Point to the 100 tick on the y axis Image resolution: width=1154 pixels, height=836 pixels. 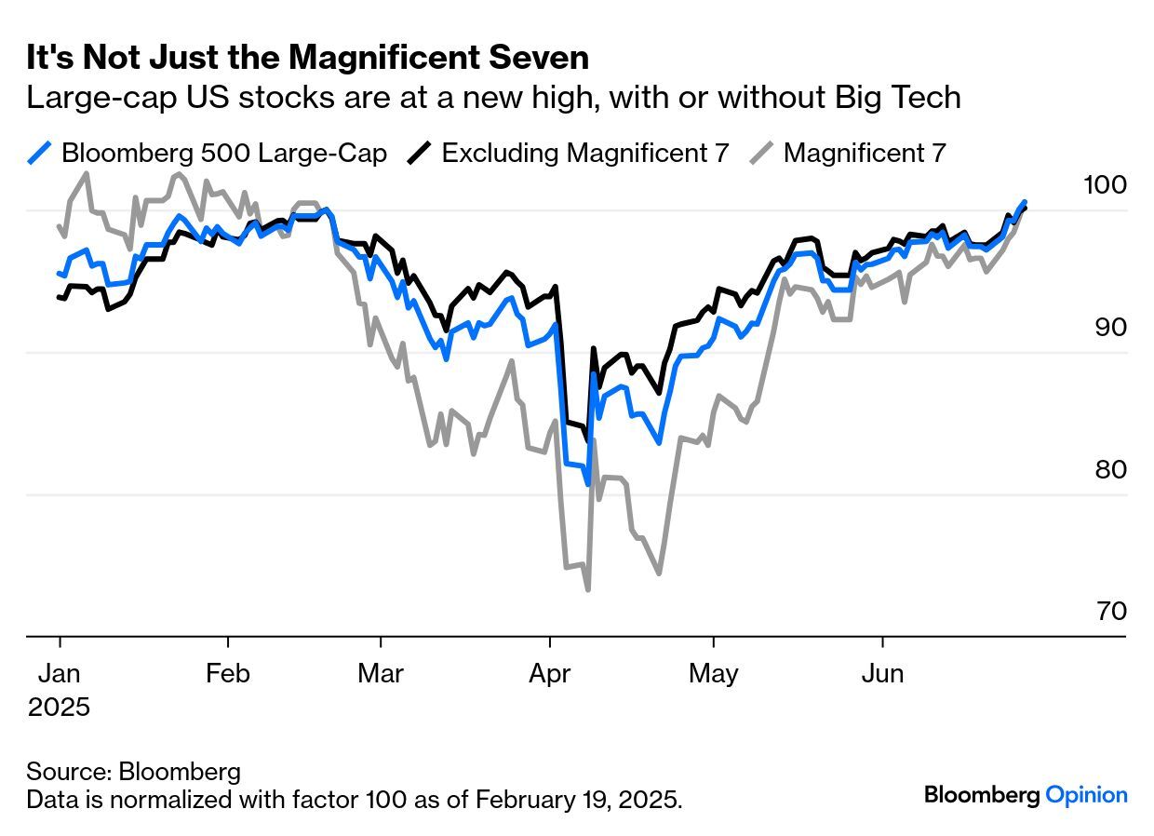[1105, 184]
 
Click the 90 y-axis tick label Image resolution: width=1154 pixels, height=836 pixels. [1110, 327]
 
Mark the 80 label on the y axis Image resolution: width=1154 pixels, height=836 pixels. [1110, 469]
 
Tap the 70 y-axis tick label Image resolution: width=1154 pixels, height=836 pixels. [1110, 612]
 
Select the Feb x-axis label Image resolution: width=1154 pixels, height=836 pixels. [228, 673]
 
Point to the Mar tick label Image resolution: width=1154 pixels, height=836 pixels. [381, 673]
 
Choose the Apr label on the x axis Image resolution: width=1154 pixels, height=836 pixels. [550, 673]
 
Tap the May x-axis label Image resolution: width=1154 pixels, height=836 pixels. [714, 673]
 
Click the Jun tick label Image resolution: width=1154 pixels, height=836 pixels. [882, 673]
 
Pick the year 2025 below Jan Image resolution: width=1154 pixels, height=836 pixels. [60, 707]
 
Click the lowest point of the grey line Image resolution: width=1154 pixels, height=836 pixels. [588, 589]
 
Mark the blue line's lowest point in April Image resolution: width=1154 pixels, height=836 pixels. [588, 484]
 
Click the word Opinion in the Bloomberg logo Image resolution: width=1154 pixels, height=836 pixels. [1086, 795]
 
